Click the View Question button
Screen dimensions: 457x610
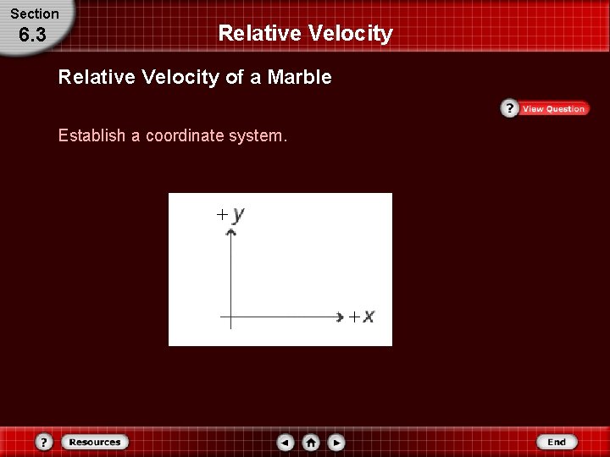(553, 109)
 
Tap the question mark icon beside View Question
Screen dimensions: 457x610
(509, 108)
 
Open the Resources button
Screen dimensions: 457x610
(94, 442)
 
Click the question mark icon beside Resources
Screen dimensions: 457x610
(45, 442)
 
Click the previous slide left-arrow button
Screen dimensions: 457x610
(286, 442)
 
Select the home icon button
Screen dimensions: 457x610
(311, 442)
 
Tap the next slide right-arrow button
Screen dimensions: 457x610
(336, 442)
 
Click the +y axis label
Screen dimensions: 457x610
(230, 214)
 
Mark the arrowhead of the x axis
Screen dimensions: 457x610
(337, 317)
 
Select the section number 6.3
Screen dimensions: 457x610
(32, 36)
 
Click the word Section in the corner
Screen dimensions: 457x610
(35, 14)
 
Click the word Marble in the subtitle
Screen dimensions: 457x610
(299, 78)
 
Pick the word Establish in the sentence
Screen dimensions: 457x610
(91, 135)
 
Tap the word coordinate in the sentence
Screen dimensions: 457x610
(185, 135)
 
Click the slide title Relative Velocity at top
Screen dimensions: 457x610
(305, 33)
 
